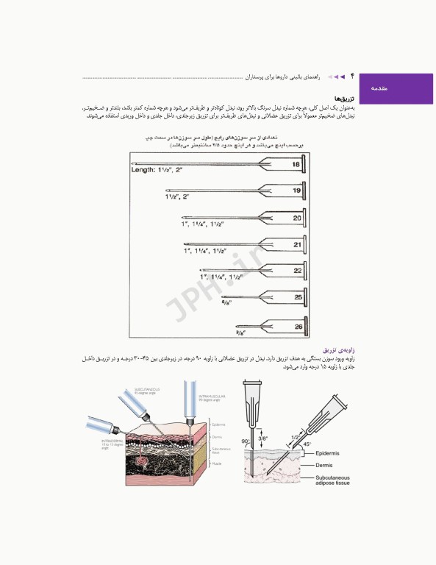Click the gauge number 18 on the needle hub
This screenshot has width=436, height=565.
tap(296, 166)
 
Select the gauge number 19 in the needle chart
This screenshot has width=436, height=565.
tap(296, 191)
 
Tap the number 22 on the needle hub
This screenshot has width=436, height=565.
tap(297, 271)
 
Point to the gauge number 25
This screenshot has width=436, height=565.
tap(297, 297)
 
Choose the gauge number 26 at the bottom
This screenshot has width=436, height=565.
tap(297, 325)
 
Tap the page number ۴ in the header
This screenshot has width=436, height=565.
tap(351, 76)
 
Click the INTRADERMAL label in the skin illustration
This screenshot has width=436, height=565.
tap(115, 443)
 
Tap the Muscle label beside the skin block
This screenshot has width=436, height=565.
tap(217, 464)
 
